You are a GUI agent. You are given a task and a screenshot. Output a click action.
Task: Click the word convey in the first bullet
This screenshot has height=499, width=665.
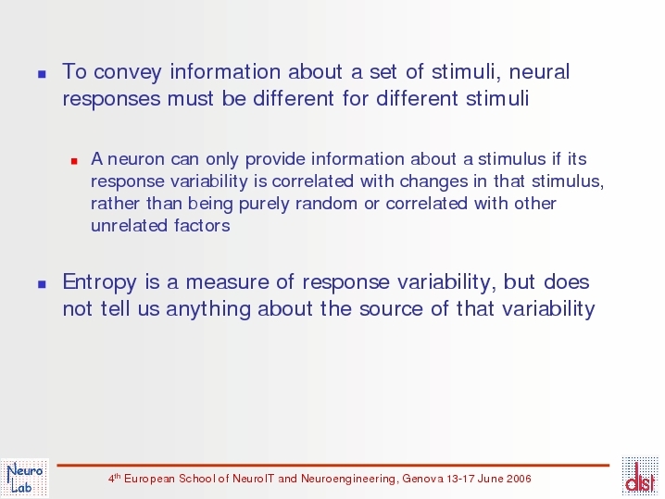(x=128, y=72)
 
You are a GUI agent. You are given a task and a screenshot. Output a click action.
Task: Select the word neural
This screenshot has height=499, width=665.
(x=539, y=71)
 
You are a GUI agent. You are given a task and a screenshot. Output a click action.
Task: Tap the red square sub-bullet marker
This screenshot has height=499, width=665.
(x=74, y=161)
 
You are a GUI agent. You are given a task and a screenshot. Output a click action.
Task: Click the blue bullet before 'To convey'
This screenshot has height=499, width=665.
(x=42, y=74)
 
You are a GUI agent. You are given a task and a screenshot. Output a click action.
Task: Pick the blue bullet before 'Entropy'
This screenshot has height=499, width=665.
(x=42, y=284)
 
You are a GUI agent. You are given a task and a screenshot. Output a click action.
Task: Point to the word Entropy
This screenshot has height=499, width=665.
(x=100, y=282)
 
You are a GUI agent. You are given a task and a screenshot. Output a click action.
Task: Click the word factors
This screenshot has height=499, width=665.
(x=202, y=226)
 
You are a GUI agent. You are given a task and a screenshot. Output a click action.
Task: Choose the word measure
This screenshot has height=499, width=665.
(x=227, y=282)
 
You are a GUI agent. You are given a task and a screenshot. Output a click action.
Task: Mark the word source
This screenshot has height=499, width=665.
(x=391, y=309)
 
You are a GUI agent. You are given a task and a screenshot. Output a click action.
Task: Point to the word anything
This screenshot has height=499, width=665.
(x=208, y=309)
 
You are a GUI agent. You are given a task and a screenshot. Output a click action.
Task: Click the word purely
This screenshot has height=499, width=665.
(x=264, y=205)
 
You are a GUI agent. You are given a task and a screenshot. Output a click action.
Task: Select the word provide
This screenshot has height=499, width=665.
(x=275, y=160)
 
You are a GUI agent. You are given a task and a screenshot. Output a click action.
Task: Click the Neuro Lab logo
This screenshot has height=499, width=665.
(x=25, y=479)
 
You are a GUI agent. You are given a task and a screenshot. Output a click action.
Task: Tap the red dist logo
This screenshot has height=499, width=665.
(x=640, y=477)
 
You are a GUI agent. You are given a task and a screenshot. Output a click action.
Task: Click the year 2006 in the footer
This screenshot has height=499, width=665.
(x=519, y=479)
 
